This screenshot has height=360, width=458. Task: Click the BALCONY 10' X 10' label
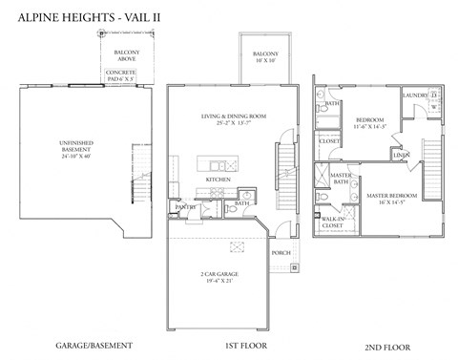pyautogui.click(x=266, y=57)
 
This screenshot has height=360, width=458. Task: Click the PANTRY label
pyautogui.click(x=185, y=206)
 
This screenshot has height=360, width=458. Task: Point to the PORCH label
pyautogui.click(x=281, y=253)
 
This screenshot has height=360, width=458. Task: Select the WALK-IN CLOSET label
pyautogui.click(x=333, y=222)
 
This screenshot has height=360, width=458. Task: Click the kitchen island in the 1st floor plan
pyautogui.click(x=218, y=162)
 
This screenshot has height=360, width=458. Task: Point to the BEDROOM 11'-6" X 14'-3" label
pyautogui.click(x=367, y=123)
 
